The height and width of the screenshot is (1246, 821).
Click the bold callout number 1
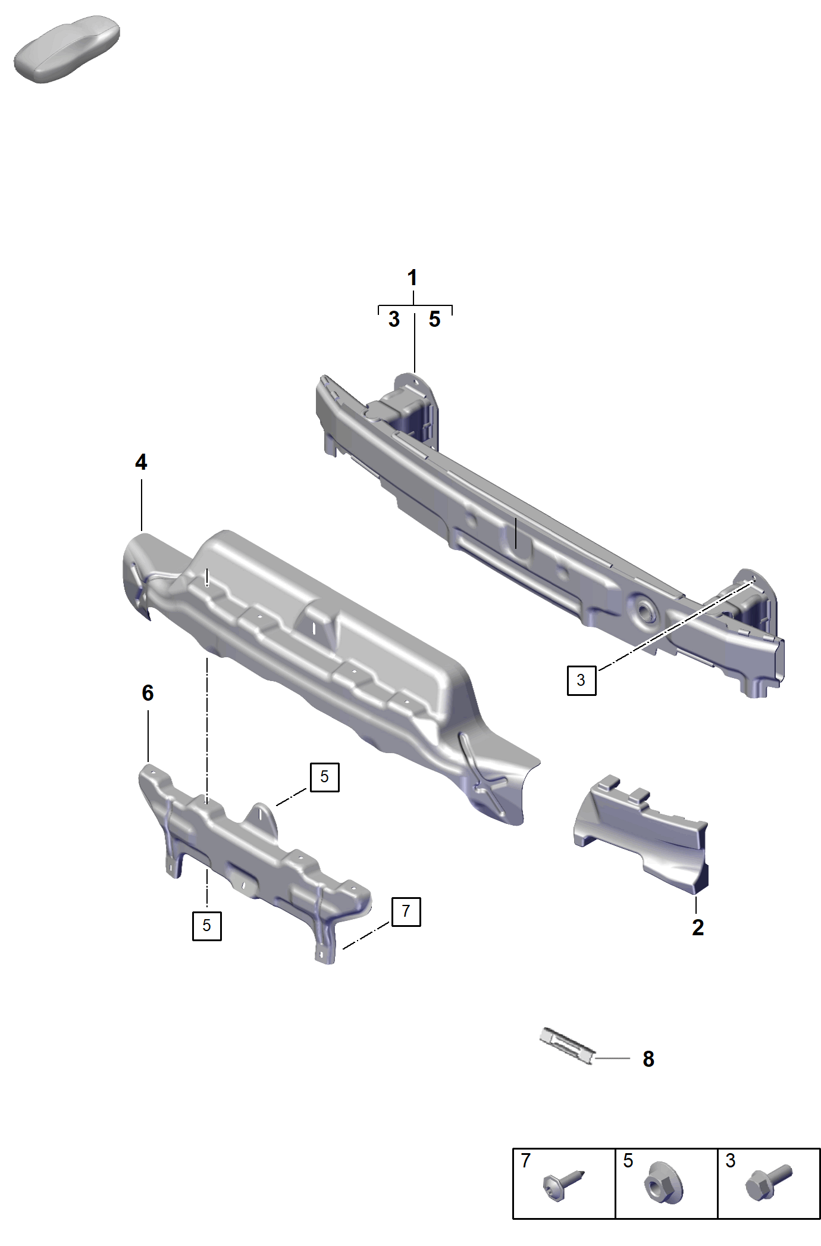coord(412,278)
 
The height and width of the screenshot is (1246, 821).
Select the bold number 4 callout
coord(141,462)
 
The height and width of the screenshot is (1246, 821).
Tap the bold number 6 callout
coord(148,693)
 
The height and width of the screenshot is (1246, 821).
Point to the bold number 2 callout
coord(698,928)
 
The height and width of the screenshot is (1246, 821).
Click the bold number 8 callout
coord(648,1059)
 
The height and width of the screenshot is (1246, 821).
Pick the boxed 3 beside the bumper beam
coord(581,680)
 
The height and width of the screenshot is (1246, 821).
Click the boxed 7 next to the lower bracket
coord(406,911)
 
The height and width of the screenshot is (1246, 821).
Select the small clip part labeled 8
coord(567,1046)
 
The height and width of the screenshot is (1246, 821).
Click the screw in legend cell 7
coord(563,1185)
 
